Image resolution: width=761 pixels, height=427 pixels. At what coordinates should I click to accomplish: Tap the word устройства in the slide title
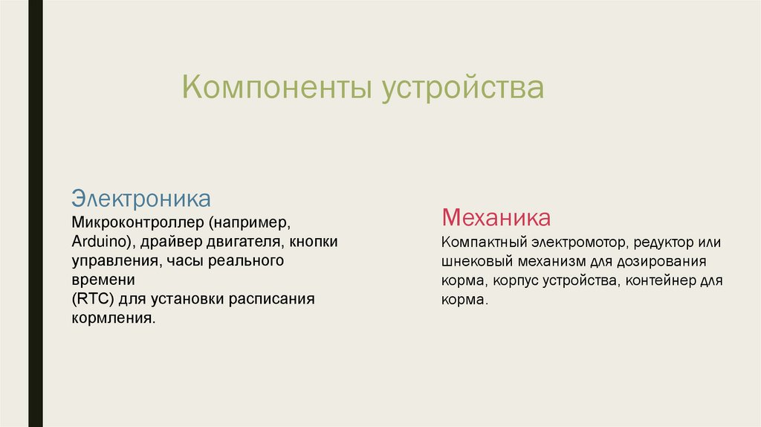(x=463, y=88)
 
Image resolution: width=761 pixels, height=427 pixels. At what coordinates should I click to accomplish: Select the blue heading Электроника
(x=141, y=199)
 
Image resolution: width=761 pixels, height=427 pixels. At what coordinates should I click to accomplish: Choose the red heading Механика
(x=496, y=218)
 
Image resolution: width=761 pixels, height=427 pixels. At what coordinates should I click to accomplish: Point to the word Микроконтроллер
(x=137, y=222)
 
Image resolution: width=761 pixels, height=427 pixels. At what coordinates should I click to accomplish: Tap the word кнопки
(x=314, y=242)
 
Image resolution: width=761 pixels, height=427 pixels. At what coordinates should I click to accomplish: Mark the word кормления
(x=113, y=318)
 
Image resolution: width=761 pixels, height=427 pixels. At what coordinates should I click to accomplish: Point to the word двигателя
(x=246, y=242)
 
